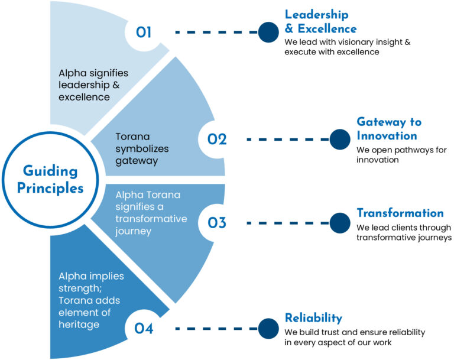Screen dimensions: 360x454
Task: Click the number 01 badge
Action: (x=144, y=32)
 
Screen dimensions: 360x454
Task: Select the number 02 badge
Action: (x=217, y=140)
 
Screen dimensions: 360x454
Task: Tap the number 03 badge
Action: (x=217, y=223)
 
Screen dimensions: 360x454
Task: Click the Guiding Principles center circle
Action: (x=50, y=179)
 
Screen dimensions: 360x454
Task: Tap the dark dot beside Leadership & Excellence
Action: (x=268, y=32)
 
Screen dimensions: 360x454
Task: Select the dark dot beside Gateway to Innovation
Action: (x=339, y=140)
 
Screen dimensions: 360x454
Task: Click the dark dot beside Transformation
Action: (x=339, y=223)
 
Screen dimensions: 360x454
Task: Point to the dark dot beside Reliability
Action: (x=268, y=328)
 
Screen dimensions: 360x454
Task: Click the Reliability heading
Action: (x=313, y=318)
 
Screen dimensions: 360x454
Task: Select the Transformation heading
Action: (x=400, y=213)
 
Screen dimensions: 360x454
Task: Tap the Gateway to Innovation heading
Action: (x=389, y=129)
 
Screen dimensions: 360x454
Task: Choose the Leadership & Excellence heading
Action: (x=320, y=21)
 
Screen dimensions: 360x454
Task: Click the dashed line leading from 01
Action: (x=216, y=32)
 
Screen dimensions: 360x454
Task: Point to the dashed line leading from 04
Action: (x=216, y=328)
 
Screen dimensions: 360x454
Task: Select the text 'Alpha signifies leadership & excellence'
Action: (x=93, y=85)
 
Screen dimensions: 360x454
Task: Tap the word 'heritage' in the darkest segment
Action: (x=79, y=325)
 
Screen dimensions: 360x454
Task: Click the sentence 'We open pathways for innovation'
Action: (x=401, y=154)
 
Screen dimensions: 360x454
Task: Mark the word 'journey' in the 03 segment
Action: (x=134, y=231)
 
